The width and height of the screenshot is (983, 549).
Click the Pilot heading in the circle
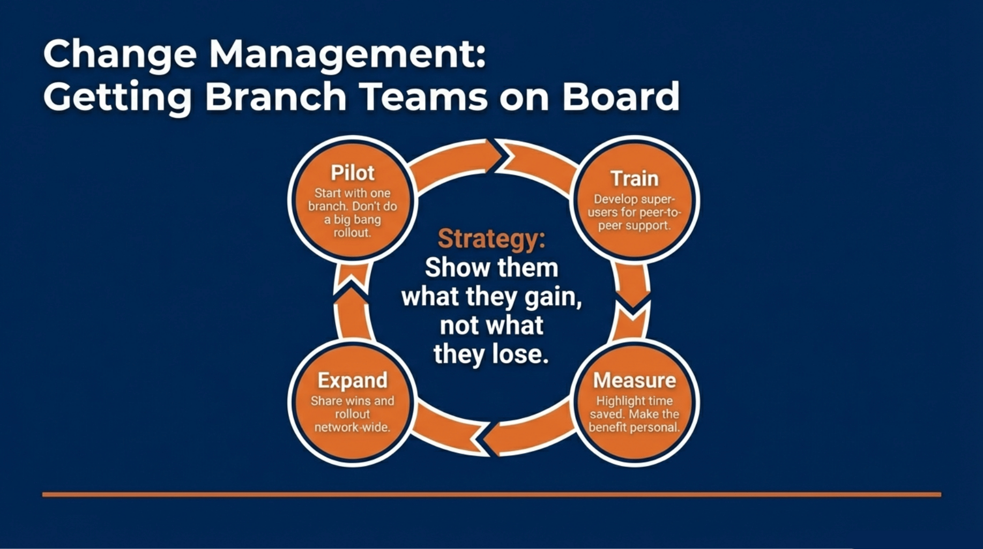tap(352, 173)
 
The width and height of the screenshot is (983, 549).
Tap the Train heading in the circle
tap(634, 179)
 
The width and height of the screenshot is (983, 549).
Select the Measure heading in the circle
tap(634, 380)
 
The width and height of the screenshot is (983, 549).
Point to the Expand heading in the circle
tap(352, 380)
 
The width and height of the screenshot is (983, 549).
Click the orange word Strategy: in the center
tap(491, 239)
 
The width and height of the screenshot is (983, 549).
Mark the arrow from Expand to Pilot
tap(352, 306)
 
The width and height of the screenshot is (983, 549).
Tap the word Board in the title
tap(620, 97)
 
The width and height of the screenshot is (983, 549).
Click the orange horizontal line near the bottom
tap(491, 494)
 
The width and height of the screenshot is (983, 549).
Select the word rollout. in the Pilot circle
tap(352, 233)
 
